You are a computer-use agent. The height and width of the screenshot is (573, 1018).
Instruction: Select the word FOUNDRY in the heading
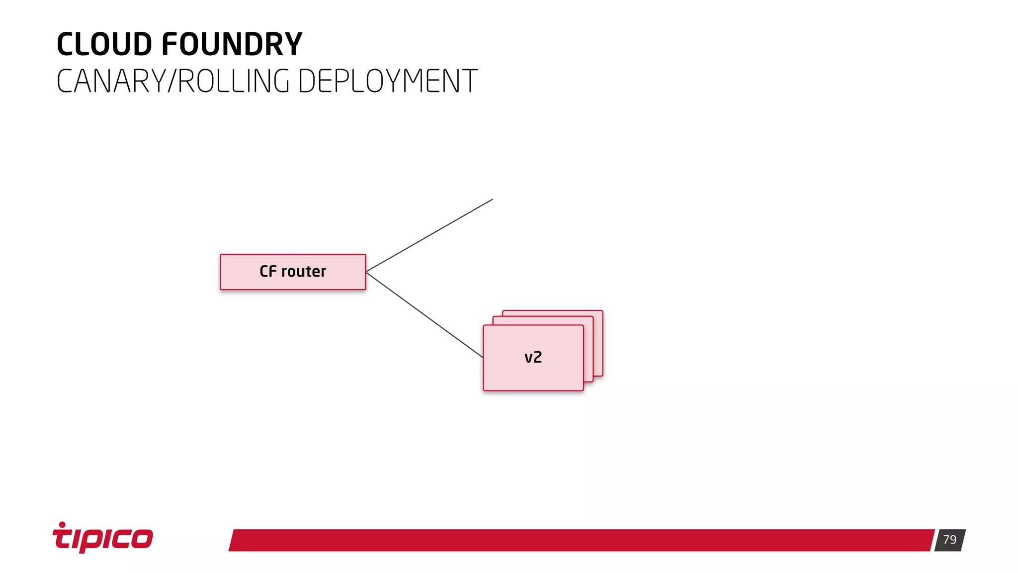[232, 44]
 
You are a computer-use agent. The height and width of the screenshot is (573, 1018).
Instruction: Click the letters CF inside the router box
[267, 272]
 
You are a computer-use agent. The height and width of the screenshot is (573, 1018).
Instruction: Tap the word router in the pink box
[304, 272]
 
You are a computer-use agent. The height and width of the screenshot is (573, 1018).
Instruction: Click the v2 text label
[533, 358]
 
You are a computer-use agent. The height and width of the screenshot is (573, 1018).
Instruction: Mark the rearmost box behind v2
[598, 343]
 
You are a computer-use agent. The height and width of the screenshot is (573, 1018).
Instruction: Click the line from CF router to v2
[424, 315]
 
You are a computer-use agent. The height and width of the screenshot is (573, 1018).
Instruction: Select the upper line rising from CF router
[429, 235]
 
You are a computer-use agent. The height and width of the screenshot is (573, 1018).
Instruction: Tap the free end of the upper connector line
[492, 199]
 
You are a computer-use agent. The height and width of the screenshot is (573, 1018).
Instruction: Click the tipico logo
[103, 538]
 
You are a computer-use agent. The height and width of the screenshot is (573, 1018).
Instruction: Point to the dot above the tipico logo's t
[62, 524]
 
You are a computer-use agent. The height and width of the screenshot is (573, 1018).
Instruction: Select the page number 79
[949, 540]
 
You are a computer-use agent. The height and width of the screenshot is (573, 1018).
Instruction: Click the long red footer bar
[582, 540]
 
